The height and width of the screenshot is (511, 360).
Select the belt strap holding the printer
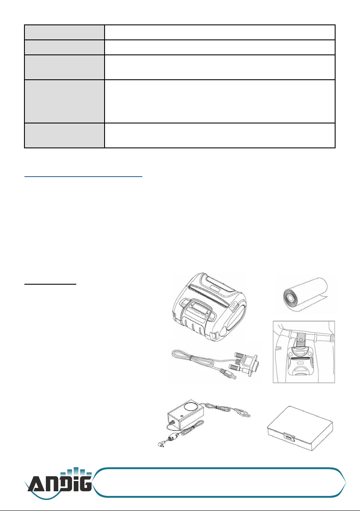pos(302,340)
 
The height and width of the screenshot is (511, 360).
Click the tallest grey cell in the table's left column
pos(65,101)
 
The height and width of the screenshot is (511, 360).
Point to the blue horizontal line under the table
pos(84,177)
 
